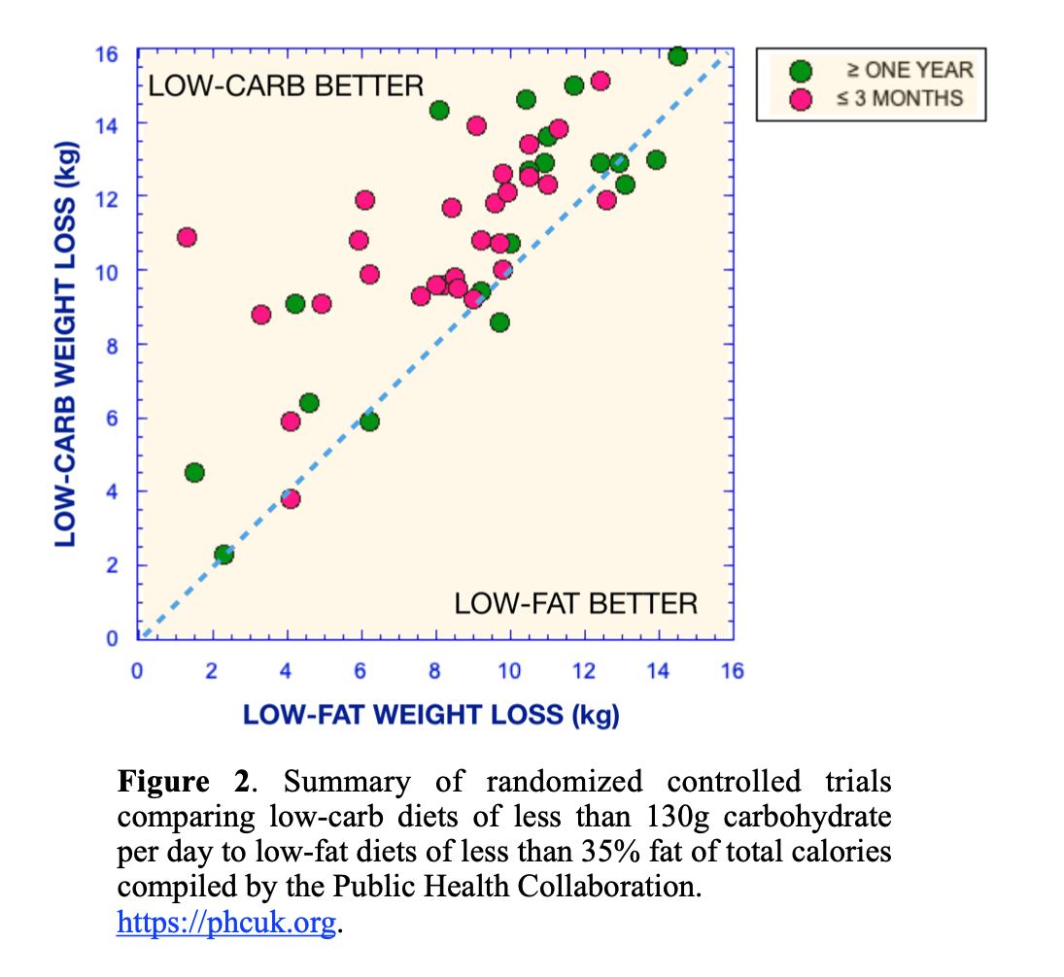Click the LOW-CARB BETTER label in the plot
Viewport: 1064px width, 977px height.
(287, 85)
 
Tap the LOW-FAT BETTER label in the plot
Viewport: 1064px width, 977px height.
(575, 603)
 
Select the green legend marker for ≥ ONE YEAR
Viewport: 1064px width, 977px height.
(801, 70)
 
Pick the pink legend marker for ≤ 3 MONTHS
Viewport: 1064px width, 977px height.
(801, 98)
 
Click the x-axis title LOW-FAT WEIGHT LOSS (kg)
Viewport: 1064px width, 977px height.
(430, 716)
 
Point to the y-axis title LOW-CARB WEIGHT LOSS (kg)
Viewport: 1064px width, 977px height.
(65, 344)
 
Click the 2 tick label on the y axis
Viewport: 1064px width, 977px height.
(113, 565)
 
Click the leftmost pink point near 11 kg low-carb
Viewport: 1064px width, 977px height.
(187, 237)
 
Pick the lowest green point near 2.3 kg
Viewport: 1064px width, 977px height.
(223, 554)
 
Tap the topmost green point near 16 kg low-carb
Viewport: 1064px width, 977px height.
(677, 55)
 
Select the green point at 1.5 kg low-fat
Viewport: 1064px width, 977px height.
(194, 472)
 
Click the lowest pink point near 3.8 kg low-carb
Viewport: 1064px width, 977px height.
(290, 498)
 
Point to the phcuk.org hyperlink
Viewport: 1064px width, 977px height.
(226, 922)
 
